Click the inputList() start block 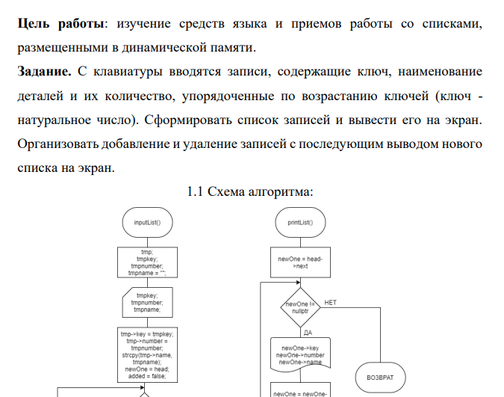[x=148, y=222]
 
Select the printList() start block [x=299, y=222]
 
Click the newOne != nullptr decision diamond [x=299, y=307]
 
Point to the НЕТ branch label [x=331, y=302]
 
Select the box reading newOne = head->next [x=299, y=262]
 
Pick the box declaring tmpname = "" [x=148, y=262]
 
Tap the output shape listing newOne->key [x=299, y=354]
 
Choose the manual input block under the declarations [x=148, y=302]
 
